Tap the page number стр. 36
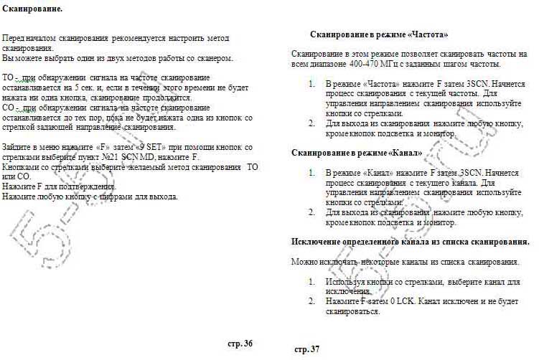click(240, 344)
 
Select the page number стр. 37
click(306, 349)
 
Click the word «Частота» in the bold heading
click(427, 34)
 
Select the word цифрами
click(126, 196)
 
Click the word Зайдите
click(19, 147)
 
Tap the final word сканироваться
click(352, 312)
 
